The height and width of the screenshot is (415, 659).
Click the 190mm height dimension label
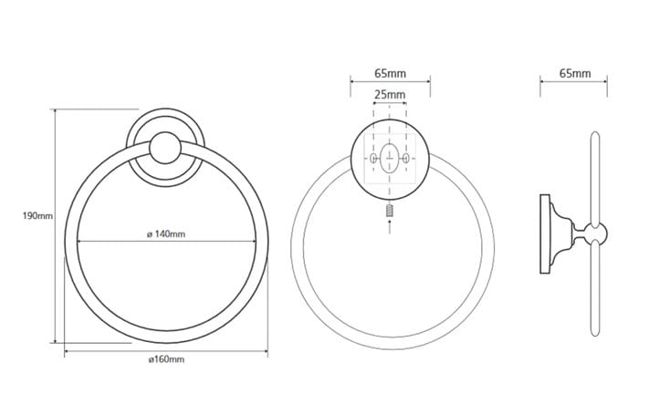37,216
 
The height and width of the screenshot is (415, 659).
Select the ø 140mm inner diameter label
166,234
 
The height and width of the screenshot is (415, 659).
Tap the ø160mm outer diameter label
166,359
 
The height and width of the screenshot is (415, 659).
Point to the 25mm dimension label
390,95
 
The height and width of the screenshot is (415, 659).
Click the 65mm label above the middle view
391,74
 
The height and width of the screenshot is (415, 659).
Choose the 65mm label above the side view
575,74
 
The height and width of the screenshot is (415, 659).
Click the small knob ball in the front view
165,148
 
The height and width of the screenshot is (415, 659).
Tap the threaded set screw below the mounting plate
390,211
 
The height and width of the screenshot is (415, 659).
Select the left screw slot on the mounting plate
373,159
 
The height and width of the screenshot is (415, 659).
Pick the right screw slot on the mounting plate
405,159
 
